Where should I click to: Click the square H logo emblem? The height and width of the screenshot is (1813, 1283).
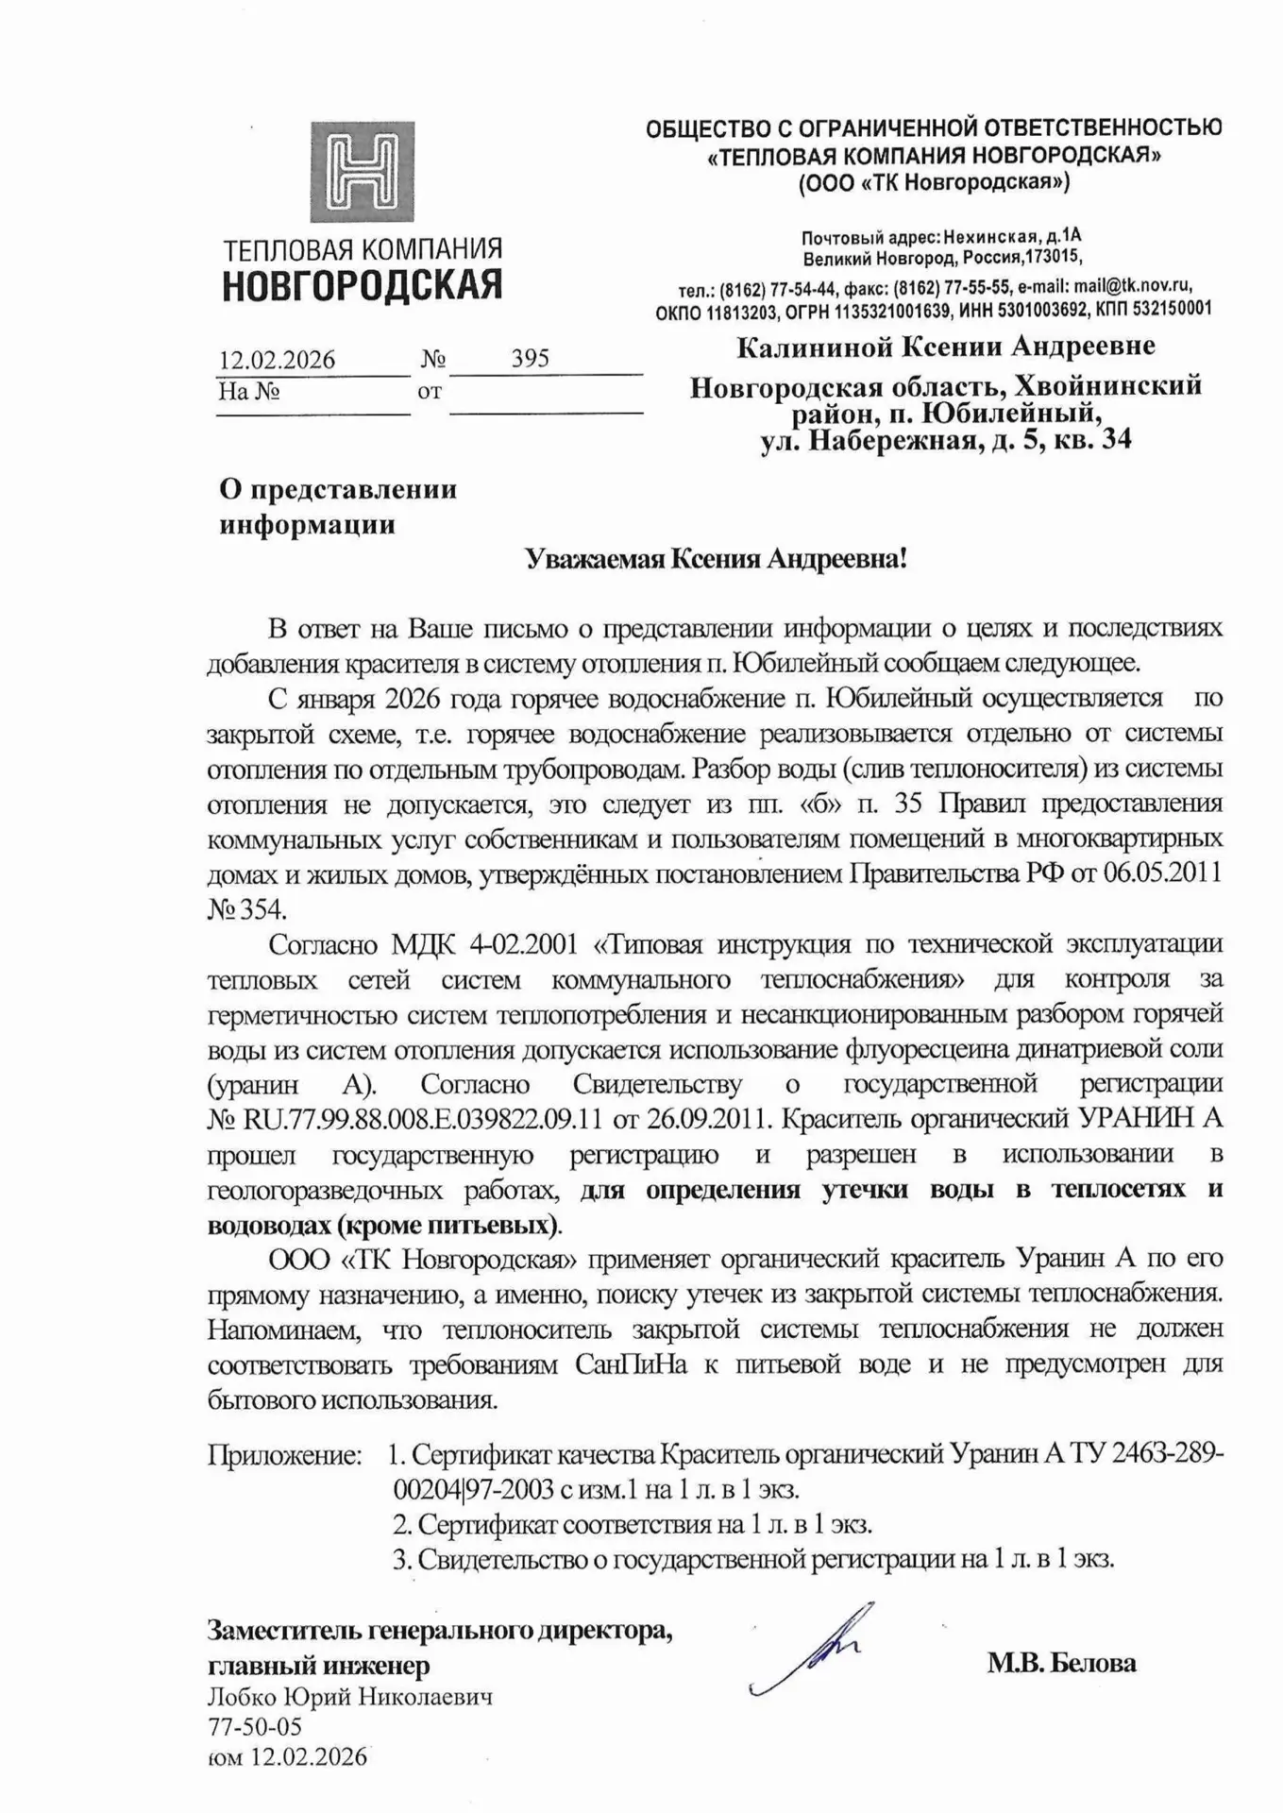pyautogui.click(x=363, y=171)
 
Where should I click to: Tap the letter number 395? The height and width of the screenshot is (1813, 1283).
pyautogui.click(x=530, y=358)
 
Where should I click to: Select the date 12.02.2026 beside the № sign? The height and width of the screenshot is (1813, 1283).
pyautogui.click(x=277, y=360)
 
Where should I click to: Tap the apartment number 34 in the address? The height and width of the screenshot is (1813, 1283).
pyautogui.click(x=1115, y=439)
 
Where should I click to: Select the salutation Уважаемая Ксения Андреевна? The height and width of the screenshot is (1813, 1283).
pyautogui.click(x=716, y=559)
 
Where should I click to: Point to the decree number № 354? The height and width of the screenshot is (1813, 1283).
pyautogui.click(x=245, y=909)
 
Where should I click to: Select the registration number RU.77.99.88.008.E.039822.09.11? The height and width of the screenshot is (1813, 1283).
pyautogui.click(x=423, y=1119)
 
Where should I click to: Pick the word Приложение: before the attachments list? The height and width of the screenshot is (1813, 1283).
pyautogui.click(x=285, y=1454)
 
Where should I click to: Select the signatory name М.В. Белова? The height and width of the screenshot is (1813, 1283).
pyautogui.click(x=1061, y=1662)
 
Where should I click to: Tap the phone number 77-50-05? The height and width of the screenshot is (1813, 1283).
pyautogui.click(x=255, y=1727)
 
